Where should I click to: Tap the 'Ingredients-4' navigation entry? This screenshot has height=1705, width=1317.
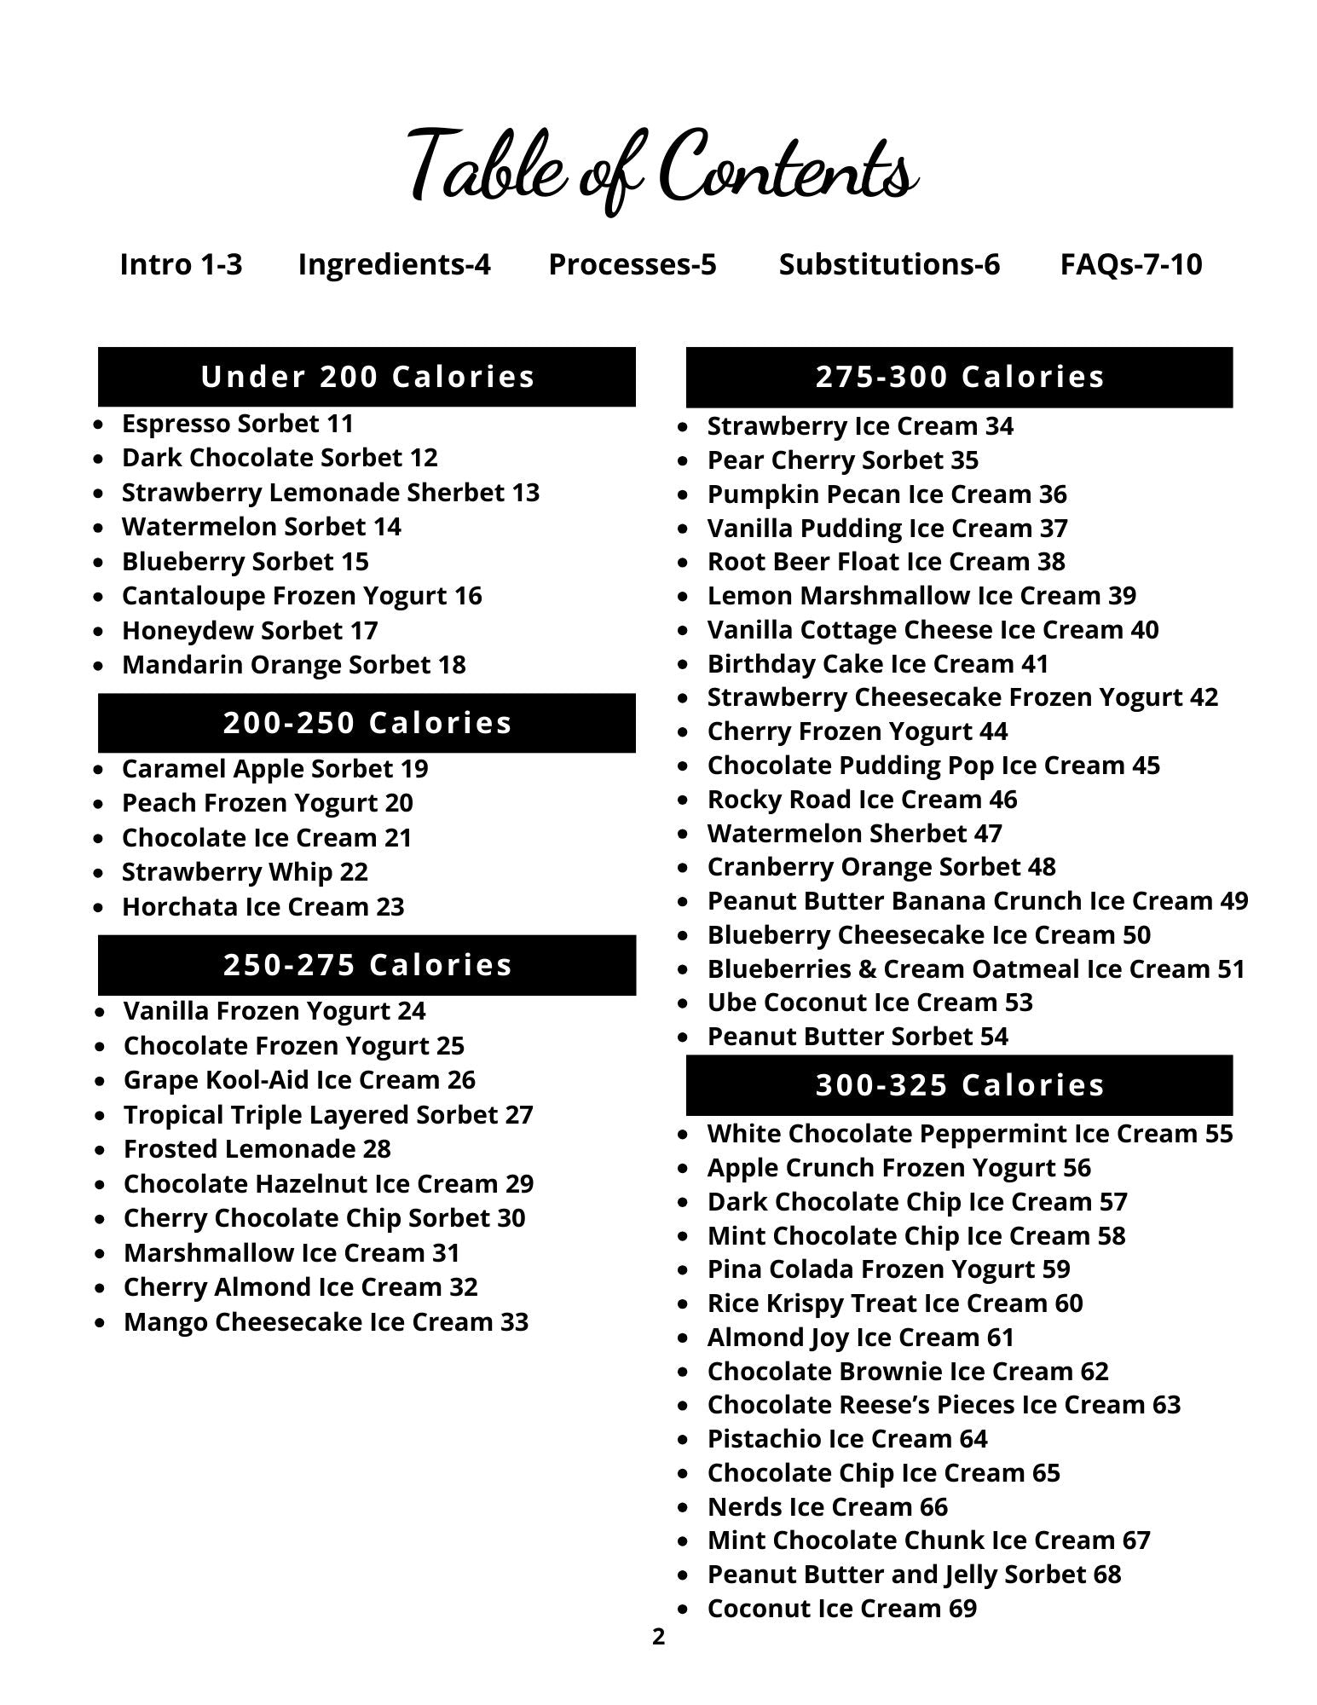394,264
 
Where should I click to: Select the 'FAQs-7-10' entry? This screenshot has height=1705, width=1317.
1130,264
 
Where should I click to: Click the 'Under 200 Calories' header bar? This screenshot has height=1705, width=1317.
367,377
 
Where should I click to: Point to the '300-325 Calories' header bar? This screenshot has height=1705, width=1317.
959,1085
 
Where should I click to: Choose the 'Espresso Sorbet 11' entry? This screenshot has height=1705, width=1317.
237,424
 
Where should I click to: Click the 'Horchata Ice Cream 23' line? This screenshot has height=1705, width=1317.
263,906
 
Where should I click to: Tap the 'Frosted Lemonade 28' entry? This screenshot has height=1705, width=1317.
257,1149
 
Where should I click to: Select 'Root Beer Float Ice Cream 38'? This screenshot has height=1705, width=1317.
886,562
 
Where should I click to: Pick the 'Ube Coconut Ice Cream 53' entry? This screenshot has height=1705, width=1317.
869,1003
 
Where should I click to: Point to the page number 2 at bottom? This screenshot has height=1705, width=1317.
658,1637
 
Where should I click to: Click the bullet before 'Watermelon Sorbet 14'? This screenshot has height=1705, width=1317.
101,528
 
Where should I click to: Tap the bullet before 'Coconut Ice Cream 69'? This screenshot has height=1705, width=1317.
683,1610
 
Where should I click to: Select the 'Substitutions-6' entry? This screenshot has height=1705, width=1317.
888,264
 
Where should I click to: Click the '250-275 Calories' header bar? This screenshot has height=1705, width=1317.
367,965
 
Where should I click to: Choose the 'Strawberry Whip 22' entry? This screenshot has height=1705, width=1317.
245,872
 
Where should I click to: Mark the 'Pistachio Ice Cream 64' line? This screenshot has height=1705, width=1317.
846,1439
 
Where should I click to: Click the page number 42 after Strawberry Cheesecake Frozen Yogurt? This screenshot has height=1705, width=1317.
1204,697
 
